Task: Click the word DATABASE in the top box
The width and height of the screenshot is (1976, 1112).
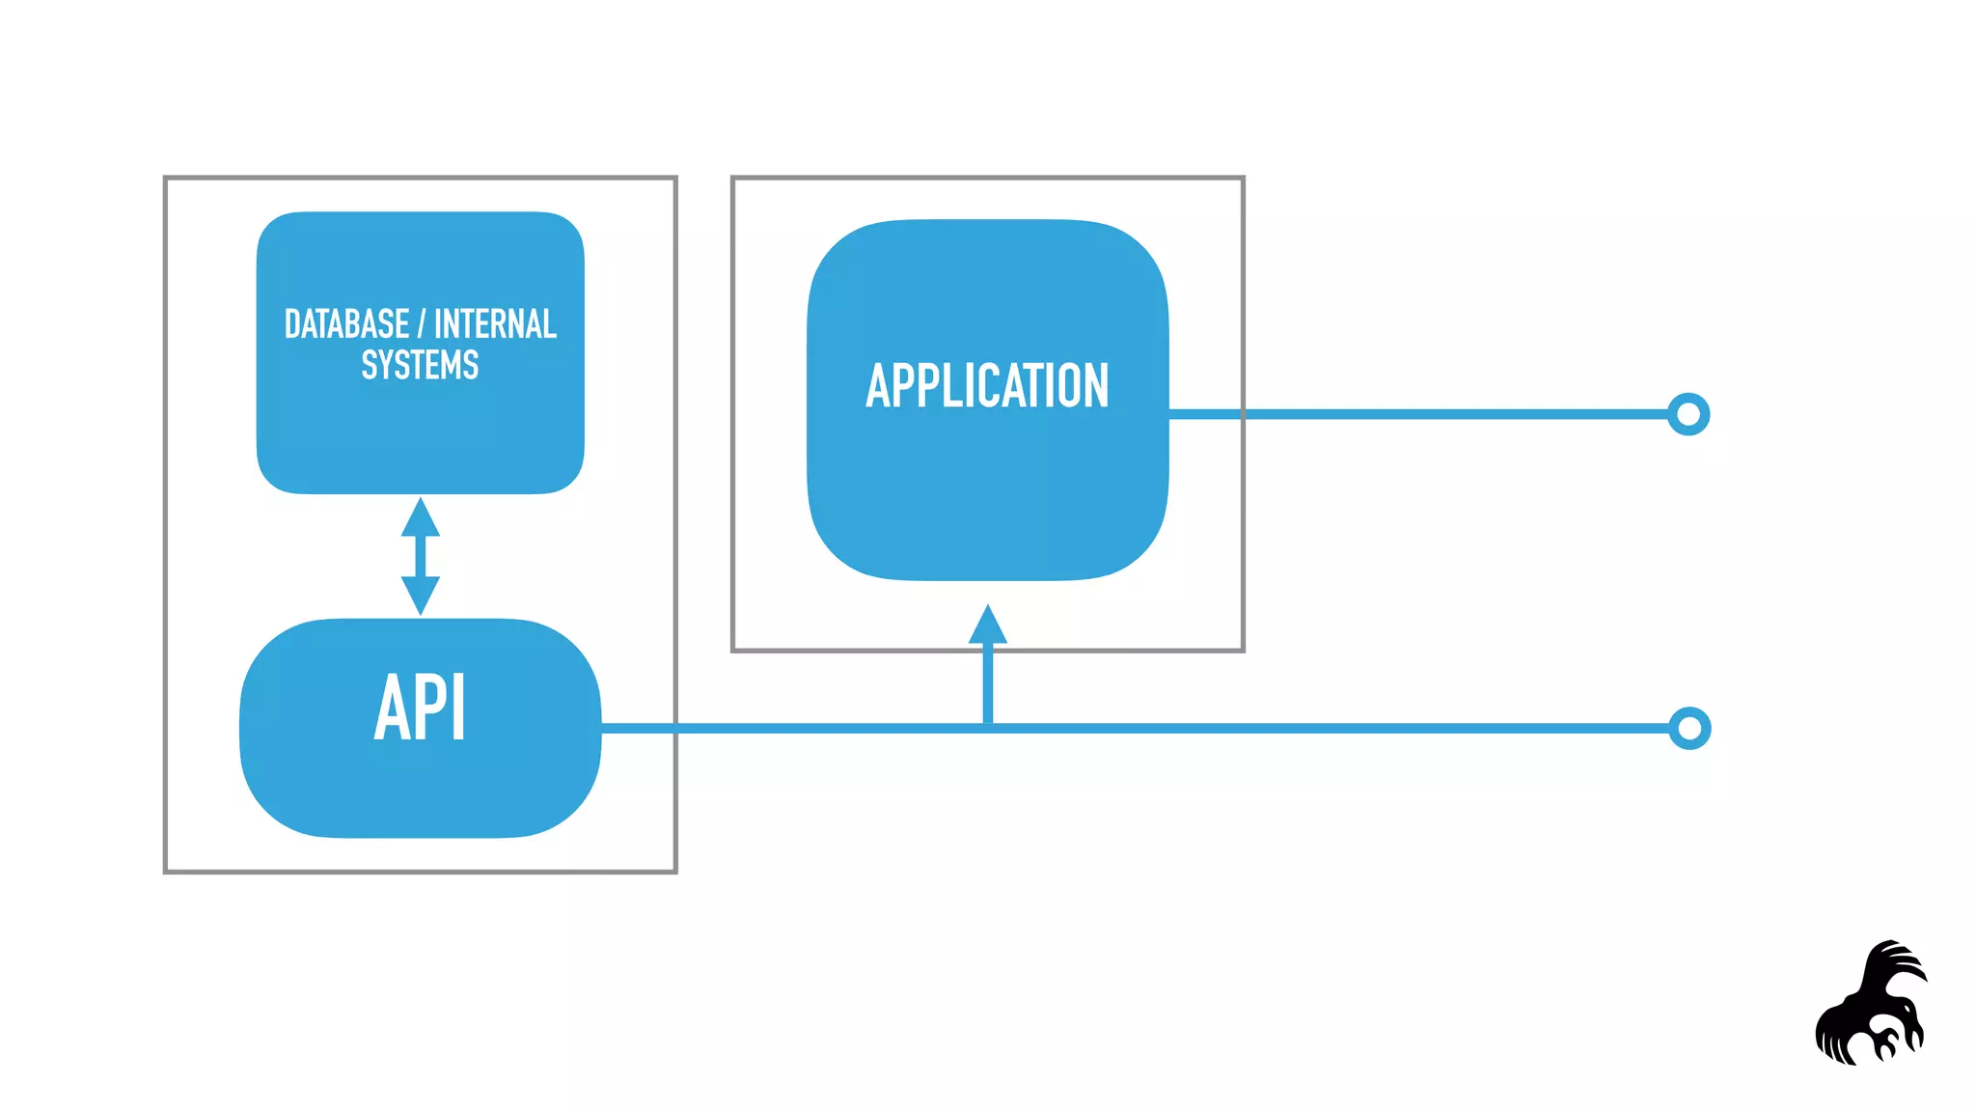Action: [346, 324]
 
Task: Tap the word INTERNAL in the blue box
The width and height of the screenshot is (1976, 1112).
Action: [495, 324]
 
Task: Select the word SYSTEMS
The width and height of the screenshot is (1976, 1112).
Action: [420, 365]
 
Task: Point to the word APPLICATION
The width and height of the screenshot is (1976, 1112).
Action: [987, 385]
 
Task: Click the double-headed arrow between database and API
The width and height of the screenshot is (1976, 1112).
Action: [420, 556]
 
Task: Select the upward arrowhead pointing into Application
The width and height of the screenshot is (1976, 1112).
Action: [987, 625]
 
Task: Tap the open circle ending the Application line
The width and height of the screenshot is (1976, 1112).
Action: [1688, 414]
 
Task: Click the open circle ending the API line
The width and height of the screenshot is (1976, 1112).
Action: [1689, 728]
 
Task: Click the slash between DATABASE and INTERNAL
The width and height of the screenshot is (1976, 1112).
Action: [421, 324]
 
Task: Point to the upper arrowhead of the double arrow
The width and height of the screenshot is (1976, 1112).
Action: [420, 517]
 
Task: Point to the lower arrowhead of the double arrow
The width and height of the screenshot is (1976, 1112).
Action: [420, 595]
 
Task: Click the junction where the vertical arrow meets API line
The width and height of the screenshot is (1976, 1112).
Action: [987, 728]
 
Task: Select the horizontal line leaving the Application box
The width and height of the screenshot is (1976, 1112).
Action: [1447, 414]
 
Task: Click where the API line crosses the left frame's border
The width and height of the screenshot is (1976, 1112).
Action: [675, 728]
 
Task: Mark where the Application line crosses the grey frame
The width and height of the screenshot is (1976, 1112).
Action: [1243, 414]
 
